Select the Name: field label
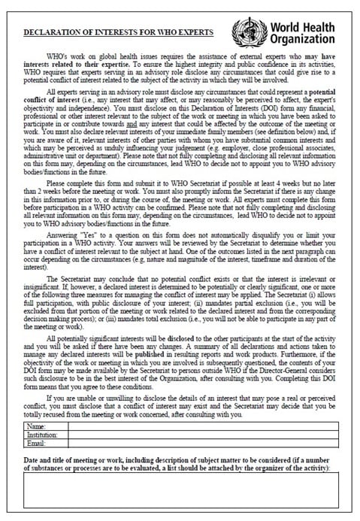click(x=36, y=426)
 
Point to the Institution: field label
click(x=43, y=435)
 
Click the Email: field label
click(x=36, y=443)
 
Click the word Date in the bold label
click(x=32, y=458)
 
